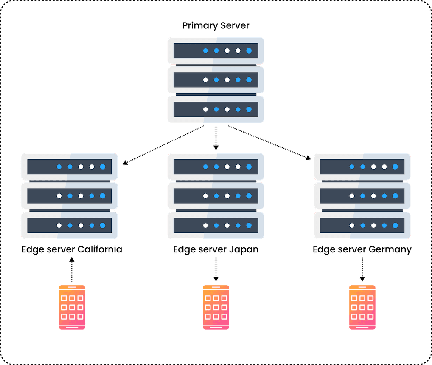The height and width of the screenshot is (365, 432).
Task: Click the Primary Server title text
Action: pyautogui.click(x=216, y=25)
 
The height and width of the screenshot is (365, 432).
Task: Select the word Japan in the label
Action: pyautogui.click(x=243, y=249)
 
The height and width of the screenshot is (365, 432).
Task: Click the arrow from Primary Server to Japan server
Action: pyautogui.click(x=216, y=138)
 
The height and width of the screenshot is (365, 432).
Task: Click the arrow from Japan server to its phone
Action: pyautogui.click(x=216, y=270)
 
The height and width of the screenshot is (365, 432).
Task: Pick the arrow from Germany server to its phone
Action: pyautogui.click(x=362, y=270)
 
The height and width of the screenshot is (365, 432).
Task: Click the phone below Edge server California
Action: pyautogui.click(x=72, y=307)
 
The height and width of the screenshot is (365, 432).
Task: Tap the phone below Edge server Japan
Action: pyautogui.click(x=216, y=307)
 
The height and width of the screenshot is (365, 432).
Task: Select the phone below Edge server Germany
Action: pyautogui.click(x=362, y=307)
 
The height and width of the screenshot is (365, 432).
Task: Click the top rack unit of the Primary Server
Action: pyautogui.click(x=216, y=51)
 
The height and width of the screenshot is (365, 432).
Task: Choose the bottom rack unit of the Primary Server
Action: pyautogui.click(x=216, y=109)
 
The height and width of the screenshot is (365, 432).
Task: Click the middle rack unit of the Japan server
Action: pyautogui.click(x=216, y=196)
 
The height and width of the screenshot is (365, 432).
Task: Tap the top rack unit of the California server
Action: pyautogui.click(x=70, y=167)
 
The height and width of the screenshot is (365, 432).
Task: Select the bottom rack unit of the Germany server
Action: pyautogui.click(x=362, y=225)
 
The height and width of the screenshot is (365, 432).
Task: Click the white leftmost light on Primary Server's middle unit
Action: pyautogui.click(x=205, y=79)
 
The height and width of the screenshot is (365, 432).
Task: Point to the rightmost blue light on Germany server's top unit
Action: pyautogui.click(x=395, y=167)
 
